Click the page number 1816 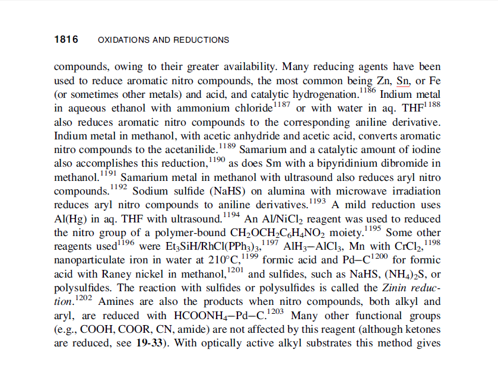[x=66, y=40]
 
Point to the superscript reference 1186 [x=368, y=90]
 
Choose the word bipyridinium [x=354, y=164]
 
